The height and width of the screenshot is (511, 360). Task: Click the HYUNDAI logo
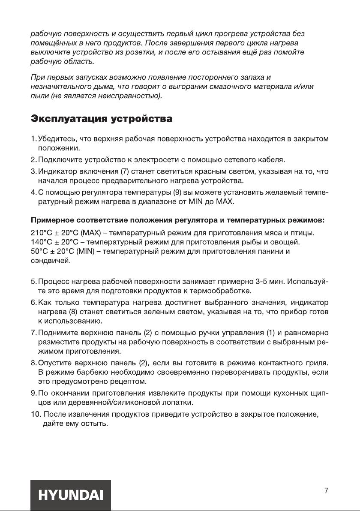coord(70,496)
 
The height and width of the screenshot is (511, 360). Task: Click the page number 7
coord(327,490)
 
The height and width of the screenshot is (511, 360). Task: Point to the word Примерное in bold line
coord(52,220)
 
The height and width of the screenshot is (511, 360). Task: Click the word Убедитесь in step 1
coord(56,139)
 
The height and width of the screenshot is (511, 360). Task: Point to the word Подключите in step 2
coord(59,160)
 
